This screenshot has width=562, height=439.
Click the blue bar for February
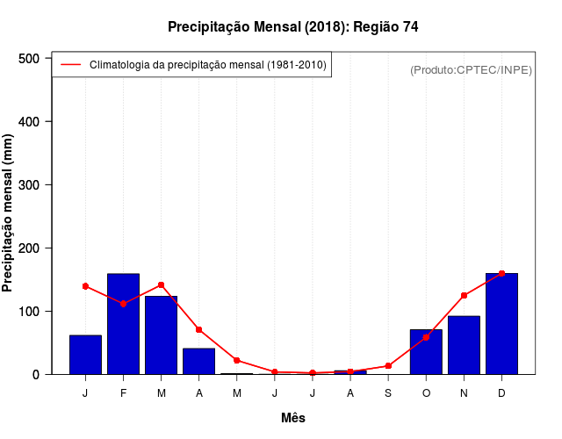tap(123, 324)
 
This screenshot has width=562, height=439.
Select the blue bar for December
tap(501, 324)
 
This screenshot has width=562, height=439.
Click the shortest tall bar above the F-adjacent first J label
tap(85, 355)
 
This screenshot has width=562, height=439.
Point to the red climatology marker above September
tap(388, 366)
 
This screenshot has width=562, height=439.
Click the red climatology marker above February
tap(123, 304)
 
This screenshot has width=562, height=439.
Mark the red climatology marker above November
tap(464, 296)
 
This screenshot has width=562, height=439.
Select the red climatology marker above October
tap(426, 337)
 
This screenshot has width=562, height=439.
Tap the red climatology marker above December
tap(501, 274)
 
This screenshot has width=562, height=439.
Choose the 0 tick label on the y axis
tap(36, 375)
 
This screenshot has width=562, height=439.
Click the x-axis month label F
tap(123, 393)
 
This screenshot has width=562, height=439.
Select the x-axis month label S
tap(388, 393)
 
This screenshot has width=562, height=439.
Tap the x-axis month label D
tap(501, 393)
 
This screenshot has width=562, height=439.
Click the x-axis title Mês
tap(293, 418)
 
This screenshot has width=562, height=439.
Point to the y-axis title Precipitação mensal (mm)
tap(9, 212)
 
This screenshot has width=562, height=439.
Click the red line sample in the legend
tap(70, 65)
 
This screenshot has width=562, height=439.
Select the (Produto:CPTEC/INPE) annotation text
tap(471, 69)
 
